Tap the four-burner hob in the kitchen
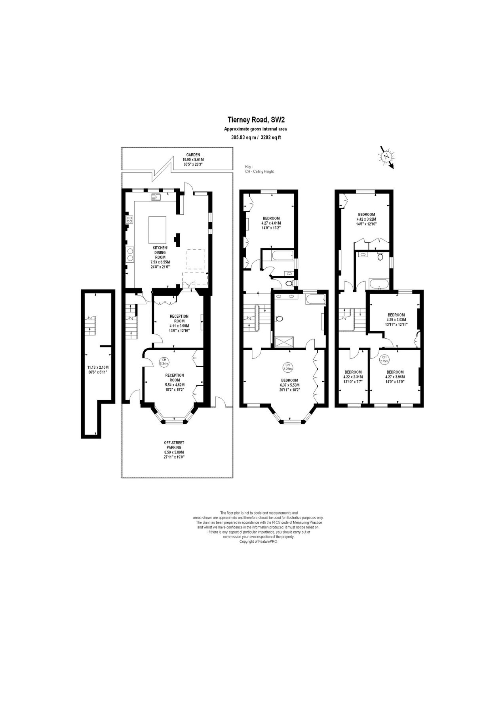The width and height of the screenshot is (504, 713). [129, 219]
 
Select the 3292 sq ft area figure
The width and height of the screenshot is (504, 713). [271, 138]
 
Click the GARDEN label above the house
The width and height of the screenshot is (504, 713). [194, 155]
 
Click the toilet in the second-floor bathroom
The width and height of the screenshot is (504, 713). [380, 257]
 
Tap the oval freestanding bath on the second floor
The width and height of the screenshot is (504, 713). [379, 284]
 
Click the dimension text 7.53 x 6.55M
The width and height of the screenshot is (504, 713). [160, 262]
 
